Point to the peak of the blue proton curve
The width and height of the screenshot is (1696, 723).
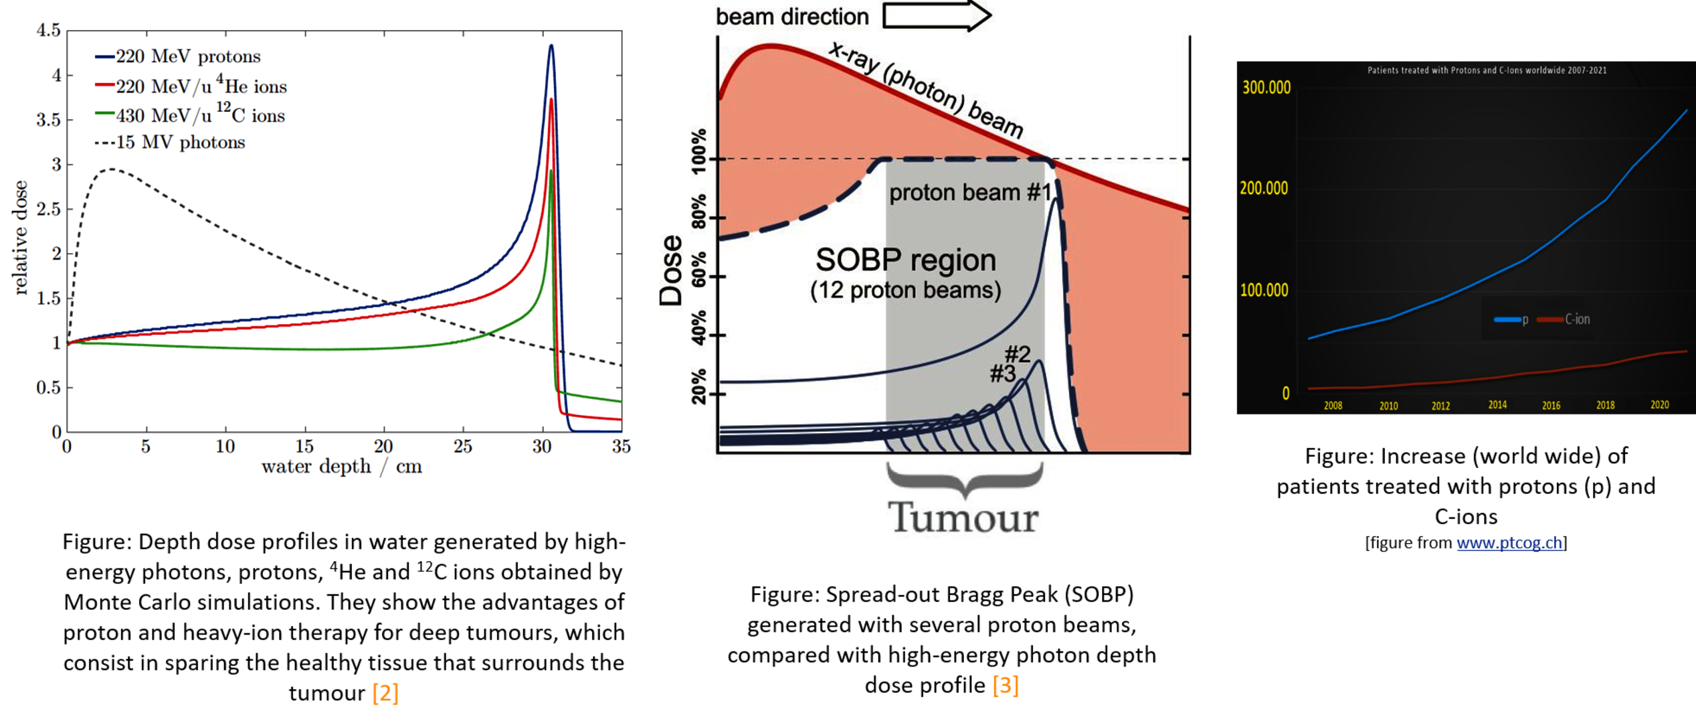tap(551, 46)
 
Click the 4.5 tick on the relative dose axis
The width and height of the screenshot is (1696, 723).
tap(48, 30)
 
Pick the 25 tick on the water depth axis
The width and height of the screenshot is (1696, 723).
tap(462, 446)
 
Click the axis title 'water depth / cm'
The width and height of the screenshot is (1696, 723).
tap(341, 467)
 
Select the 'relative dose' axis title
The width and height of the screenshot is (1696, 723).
tap(20, 238)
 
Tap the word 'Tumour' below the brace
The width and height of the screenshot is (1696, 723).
tap(963, 517)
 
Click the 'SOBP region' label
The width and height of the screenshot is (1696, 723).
tap(905, 260)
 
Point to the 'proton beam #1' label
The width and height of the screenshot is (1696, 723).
tap(969, 193)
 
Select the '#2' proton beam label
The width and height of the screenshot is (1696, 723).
tap(1018, 353)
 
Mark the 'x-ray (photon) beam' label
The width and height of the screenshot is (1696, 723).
tap(926, 89)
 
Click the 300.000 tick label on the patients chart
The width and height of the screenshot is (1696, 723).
tap(1266, 88)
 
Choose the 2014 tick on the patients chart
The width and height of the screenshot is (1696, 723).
tap(1497, 405)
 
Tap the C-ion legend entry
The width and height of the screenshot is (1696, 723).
tap(1576, 319)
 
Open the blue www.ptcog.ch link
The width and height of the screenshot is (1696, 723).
tap(1509, 543)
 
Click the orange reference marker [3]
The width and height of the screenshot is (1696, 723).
tap(1006, 686)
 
